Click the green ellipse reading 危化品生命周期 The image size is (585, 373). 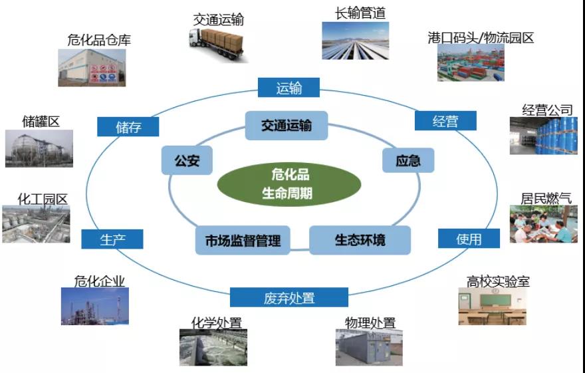[x=291, y=184]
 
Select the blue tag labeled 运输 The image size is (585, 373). [x=289, y=87]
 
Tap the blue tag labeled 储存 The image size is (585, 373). [x=128, y=127]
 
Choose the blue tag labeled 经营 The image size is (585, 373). [x=445, y=121]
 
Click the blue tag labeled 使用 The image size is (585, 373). [x=469, y=239]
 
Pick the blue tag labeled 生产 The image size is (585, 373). [x=112, y=239]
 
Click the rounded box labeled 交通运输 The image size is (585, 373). [x=286, y=125]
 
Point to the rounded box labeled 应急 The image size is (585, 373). [x=408, y=160]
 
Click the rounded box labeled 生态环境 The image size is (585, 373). [x=360, y=239]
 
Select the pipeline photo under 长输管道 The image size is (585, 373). [x=355, y=41]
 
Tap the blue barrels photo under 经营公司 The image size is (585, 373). [x=542, y=136]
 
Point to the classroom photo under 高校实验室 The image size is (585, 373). [x=493, y=307]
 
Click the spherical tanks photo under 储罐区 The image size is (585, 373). [x=39, y=148]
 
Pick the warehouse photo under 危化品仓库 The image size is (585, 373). [x=92, y=67]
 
